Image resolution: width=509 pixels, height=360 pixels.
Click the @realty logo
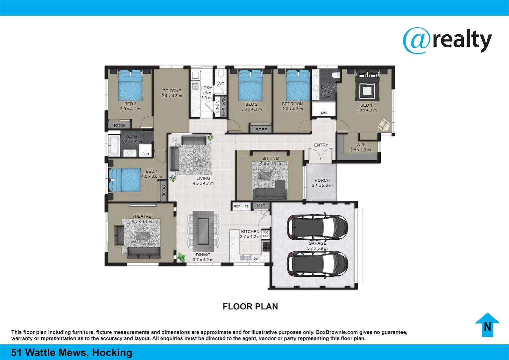coord(447,40)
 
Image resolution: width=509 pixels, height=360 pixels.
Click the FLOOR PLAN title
coord(250,307)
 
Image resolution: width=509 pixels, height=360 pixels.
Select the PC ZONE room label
coord(172,91)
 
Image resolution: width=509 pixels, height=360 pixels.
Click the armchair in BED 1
coord(384,125)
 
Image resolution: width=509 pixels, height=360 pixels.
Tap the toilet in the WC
coord(221,74)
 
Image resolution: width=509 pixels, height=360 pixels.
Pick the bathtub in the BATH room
coord(114,146)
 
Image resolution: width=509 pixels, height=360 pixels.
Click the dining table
coord(203,231)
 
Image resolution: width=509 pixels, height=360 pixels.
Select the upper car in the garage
coord(317,228)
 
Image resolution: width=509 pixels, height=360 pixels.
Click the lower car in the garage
coord(317,264)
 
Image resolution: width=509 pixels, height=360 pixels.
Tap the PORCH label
coord(322,180)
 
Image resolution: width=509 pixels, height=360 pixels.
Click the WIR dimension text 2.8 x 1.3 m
coord(360,150)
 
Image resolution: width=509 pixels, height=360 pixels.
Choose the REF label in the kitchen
coord(237,206)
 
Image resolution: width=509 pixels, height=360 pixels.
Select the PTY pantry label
coord(261,205)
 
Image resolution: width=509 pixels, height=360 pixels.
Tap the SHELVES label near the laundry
coord(224,107)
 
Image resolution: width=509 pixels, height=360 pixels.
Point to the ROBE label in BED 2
coord(261,130)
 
